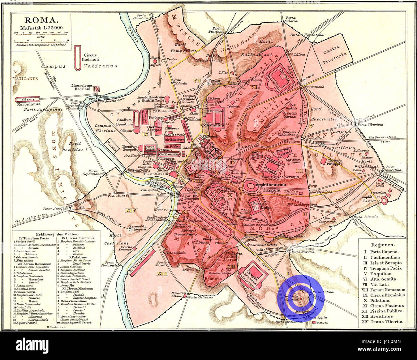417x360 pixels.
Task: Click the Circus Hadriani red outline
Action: point(77,58)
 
